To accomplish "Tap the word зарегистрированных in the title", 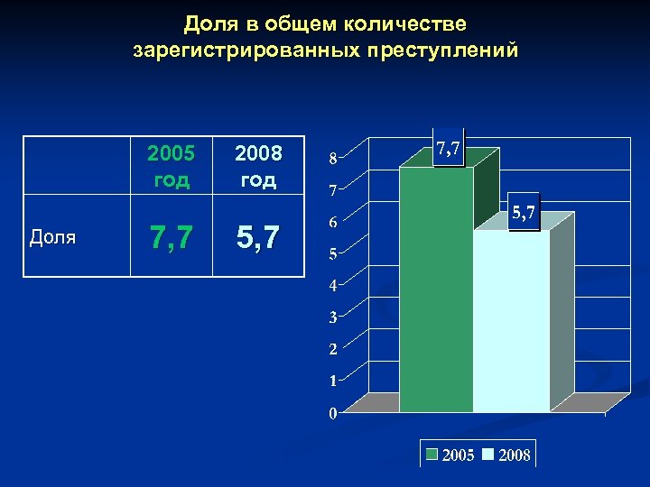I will tap(246, 50).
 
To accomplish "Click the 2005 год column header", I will tap(172, 165).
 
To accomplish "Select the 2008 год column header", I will tap(258, 165).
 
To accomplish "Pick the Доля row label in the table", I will tap(52, 238).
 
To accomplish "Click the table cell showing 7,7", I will tap(172, 238).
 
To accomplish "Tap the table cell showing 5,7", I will tap(258, 238).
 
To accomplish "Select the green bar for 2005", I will tap(436, 289).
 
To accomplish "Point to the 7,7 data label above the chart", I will tap(449, 150).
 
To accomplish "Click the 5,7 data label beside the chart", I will tap(525, 214).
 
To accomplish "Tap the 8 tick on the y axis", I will tap(333, 160).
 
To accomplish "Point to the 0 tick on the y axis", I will tap(333, 413).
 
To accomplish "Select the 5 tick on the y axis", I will tap(333, 254).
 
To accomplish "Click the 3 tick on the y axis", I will tap(333, 317).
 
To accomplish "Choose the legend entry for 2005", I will tap(450, 455).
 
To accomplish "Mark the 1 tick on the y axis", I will tap(333, 381).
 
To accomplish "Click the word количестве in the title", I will tap(406, 22).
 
